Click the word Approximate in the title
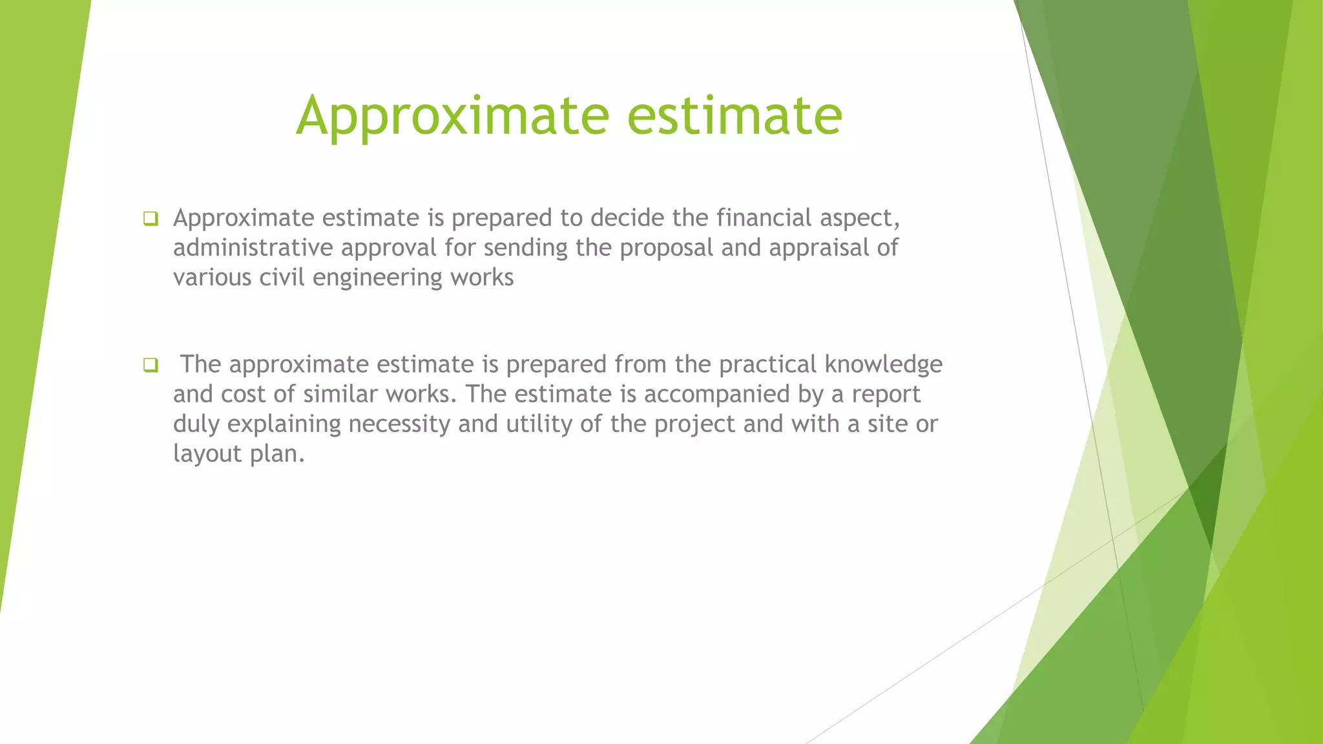tap(452, 116)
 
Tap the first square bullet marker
tap(151, 219)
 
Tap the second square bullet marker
tap(151, 366)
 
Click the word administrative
tap(253, 248)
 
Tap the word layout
tap(207, 454)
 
